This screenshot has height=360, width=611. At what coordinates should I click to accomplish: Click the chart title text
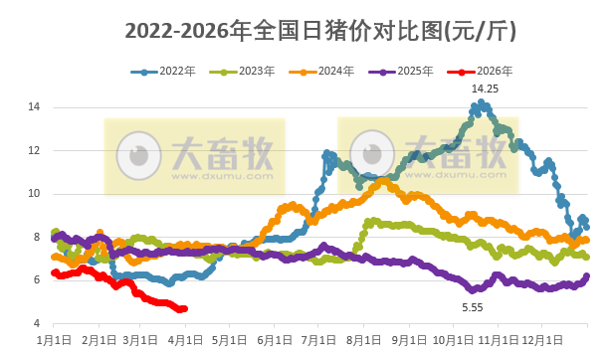[x=319, y=31]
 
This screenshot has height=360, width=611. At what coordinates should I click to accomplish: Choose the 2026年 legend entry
[x=486, y=72]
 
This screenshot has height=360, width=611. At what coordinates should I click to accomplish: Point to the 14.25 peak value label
[x=485, y=89]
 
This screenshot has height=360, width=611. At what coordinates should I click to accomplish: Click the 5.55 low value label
[x=472, y=308]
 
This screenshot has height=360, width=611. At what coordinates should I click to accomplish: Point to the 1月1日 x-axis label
[x=53, y=341]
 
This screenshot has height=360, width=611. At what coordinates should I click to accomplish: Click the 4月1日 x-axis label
[x=186, y=341]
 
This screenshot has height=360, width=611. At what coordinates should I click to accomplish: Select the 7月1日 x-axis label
[x=318, y=341]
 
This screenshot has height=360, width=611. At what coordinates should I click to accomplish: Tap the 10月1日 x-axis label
[x=453, y=341]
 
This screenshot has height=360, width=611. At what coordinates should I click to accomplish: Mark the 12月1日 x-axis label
[x=542, y=341]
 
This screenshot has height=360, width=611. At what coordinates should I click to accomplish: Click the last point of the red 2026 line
[x=184, y=308]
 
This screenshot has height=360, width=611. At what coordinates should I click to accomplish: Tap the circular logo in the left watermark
[x=138, y=155]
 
